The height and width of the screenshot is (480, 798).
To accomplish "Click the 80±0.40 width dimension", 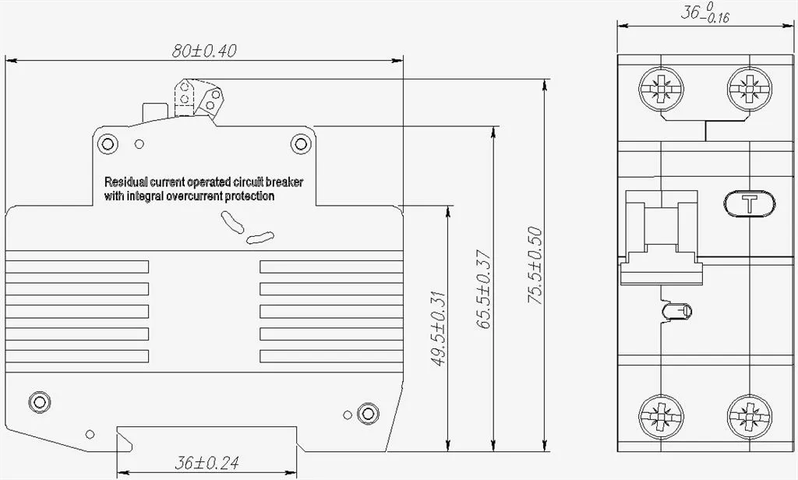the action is coord(204,51).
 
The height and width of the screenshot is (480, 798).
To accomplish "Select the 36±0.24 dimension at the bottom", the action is coord(207,463).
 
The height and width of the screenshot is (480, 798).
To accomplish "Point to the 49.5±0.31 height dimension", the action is coord(438,328).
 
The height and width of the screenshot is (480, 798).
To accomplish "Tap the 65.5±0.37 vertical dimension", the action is coord(483,289).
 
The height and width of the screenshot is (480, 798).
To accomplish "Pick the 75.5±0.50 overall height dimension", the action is coord(535,266).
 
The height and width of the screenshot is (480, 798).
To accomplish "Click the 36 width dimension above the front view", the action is coord(705,14).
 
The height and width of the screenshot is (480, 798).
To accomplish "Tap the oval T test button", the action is coord(749,203).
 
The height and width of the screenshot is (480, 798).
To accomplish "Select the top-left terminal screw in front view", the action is coord(661,89).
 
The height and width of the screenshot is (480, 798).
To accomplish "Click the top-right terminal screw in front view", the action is coord(749,89).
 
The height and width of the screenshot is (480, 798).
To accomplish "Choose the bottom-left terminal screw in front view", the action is coord(661,416).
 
